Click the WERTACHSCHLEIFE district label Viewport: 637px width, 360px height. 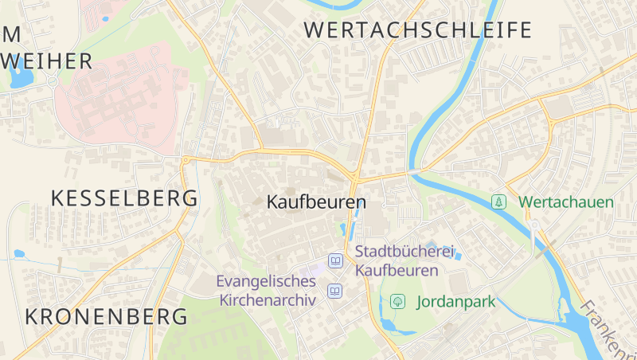[418, 31]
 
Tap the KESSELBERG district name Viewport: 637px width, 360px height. [124, 199]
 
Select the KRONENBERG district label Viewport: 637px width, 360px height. [107, 316]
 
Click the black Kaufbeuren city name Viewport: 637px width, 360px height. [316, 202]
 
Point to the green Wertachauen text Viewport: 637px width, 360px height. [566, 202]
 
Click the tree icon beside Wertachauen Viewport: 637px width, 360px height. [498, 202]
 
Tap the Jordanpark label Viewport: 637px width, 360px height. [455, 302]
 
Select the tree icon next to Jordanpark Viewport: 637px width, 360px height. [397, 301]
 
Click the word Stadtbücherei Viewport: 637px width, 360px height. [404, 252]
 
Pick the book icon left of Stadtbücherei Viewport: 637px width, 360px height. [336, 261]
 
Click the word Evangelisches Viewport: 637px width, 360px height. [266, 281]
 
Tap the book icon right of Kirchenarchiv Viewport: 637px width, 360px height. [334, 292]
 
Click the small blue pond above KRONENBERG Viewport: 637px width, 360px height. [19, 254]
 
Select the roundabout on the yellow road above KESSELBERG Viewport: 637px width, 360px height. [186, 160]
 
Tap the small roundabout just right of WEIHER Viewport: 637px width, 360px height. [53, 80]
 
